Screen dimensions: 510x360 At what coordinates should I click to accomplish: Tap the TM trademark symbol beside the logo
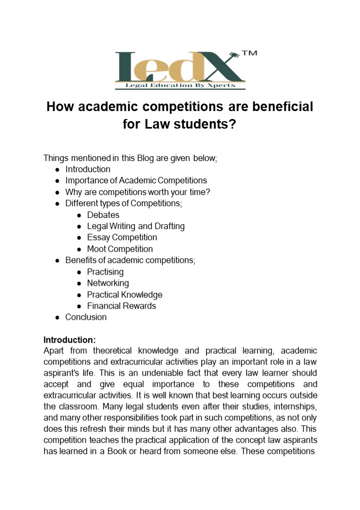click(249, 54)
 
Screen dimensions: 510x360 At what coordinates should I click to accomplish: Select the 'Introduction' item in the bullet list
click(88, 169)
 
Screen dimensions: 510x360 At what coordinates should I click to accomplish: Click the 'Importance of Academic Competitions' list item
click(136, 181)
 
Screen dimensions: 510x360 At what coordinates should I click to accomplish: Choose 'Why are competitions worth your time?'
click(138, 192)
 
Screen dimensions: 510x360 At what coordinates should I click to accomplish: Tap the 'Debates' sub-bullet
click(103, 215)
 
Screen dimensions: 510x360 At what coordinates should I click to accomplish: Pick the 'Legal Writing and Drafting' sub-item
click(136, 226)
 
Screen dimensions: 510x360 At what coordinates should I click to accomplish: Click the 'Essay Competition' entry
click(122, 237)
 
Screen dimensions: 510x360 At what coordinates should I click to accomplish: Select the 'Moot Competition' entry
click(120, 249)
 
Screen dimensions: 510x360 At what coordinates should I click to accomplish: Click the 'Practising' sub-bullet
click(105, 272)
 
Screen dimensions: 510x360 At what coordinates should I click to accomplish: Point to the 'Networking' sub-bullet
click(108, 283)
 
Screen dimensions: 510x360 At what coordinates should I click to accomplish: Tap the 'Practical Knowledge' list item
click(125, 295)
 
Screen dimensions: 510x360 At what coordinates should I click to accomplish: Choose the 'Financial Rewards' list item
click(122, 306)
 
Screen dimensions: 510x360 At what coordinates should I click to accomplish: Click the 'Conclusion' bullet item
click(86, 317)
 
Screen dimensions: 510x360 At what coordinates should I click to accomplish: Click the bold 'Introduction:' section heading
click(70, 339)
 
